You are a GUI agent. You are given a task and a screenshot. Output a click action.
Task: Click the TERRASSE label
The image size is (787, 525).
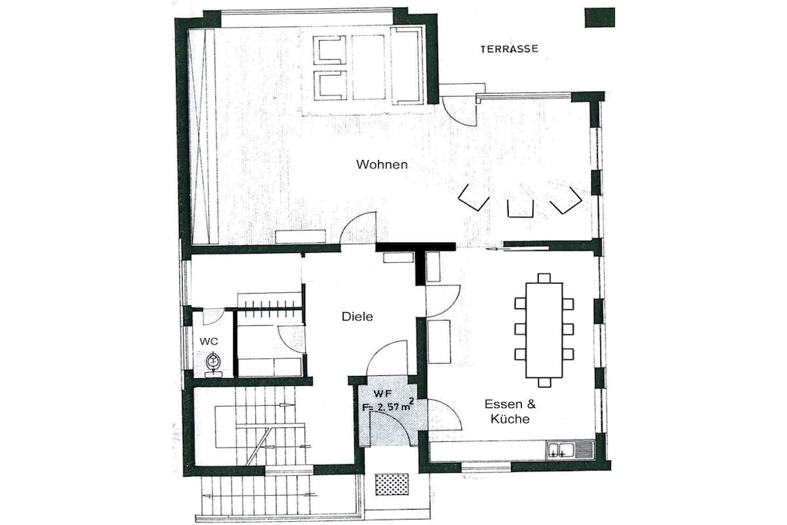click(x=509, y=49)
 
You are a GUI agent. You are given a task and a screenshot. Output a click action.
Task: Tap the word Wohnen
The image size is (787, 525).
click(x=381, y=164)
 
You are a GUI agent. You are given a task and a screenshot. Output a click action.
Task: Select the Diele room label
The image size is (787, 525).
click(x=357, y=317)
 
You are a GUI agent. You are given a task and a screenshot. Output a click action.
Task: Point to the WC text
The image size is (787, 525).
click(x=209, y=341)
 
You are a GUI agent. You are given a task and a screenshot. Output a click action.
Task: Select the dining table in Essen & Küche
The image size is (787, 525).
click(x=543, y=331)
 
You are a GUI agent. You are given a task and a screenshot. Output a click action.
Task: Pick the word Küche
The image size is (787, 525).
click(x=510, y=419)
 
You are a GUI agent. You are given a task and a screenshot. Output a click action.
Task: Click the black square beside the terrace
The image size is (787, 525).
click(x=599, y=18)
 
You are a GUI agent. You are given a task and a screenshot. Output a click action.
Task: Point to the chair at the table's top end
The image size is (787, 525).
click(x=543, y=278)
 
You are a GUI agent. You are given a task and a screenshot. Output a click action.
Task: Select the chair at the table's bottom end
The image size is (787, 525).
click(x=543, y=383)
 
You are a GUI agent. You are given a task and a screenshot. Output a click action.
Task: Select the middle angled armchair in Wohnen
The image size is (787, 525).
click(x=520, y=209)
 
